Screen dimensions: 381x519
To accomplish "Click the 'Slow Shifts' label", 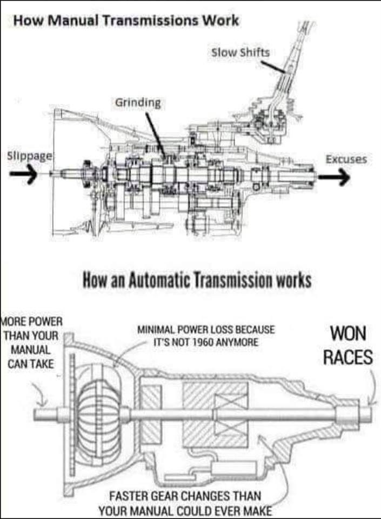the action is coord(240,52).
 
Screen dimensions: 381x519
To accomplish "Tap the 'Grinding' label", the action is coord(138,103).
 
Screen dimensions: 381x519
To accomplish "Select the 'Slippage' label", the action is coord(30,156).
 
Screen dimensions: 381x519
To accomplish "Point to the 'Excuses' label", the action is coord(346,159).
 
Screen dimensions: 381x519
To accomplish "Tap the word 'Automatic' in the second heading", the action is coord(158,280).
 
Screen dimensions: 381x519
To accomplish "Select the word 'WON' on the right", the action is coord(348,333).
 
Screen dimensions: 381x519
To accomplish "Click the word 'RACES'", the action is coord(348,357).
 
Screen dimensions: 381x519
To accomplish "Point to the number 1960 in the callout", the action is coord(203,342).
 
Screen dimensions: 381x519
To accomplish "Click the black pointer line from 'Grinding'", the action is coord(155,135).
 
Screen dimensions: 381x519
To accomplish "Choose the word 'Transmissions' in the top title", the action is coord(150,21).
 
